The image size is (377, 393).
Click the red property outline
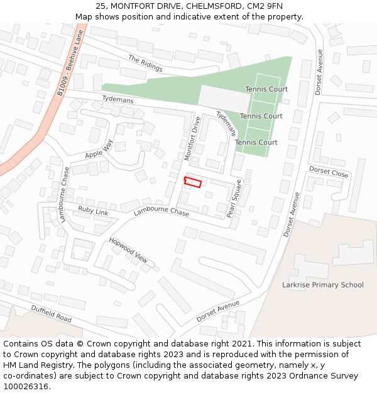pos(193,182)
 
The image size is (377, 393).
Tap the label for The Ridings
pos(145,64)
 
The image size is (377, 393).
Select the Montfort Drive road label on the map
pos(192,138)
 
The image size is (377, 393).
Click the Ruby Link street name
pos(93,211)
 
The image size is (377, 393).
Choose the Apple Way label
pos(99,150)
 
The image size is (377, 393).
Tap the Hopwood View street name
pos(128,250)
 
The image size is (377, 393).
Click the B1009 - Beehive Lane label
pos(70,65)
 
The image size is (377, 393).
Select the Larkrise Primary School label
pos(323,285)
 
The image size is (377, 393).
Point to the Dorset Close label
pos(328,172)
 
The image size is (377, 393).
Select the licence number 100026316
pos(25,387)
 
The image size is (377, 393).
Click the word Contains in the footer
pos(20,344)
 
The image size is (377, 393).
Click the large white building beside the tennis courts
pos(224,99)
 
